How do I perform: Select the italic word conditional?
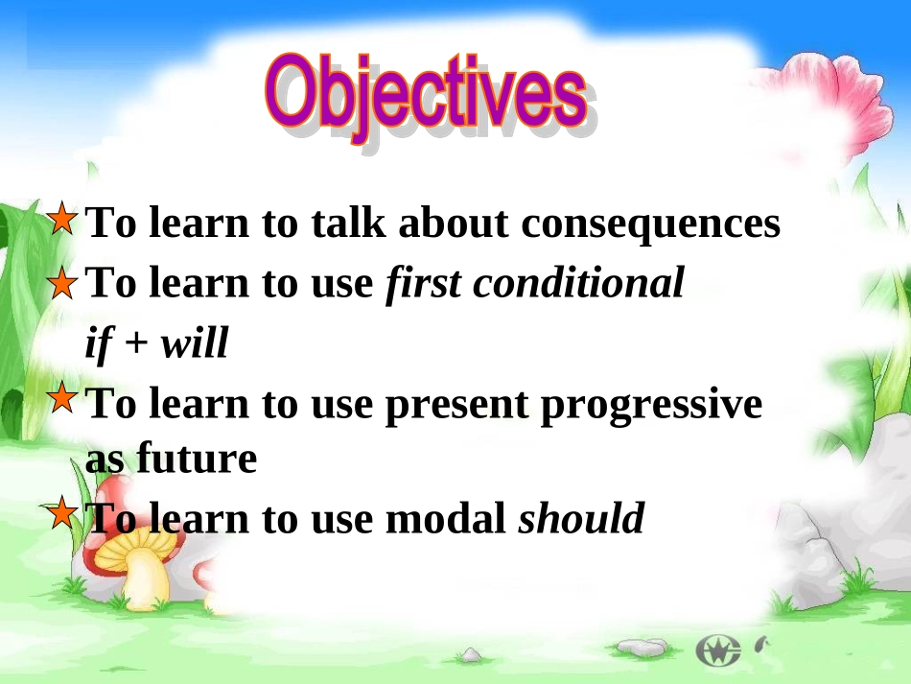[578, 283]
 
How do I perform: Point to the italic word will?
[194, 342]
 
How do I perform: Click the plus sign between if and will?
[136, 343]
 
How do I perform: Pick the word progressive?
[651, 406]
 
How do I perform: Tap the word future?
[197, 458]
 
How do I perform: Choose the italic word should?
[581, 517]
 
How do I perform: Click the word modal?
[446, 517]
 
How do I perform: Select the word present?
[456, 406]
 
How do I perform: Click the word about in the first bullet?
[454, 222]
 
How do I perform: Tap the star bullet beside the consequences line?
[61, 219]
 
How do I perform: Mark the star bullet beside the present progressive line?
[61, 398]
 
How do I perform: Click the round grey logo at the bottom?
[718, 650]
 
